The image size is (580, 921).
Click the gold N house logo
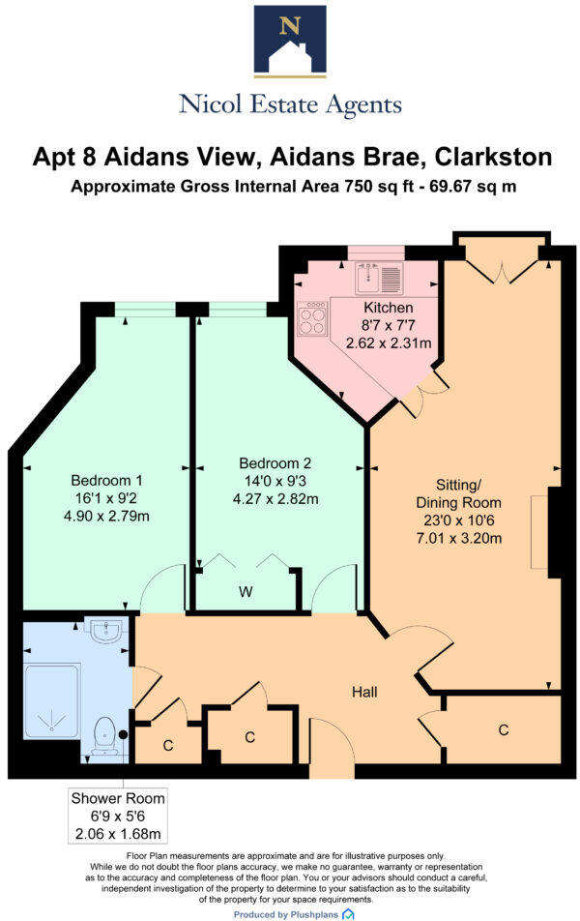click(289, 41)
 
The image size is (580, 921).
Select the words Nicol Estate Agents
click(289, 104)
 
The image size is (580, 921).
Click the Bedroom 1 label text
click(106, 480)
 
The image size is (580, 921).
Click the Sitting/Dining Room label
click(458, 493)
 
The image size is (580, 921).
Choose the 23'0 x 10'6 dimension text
click(458, 520)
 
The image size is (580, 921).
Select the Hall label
click(364, 692)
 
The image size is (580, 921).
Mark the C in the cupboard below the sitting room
click(503, 729)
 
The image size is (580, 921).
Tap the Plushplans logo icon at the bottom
click(348, 913)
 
